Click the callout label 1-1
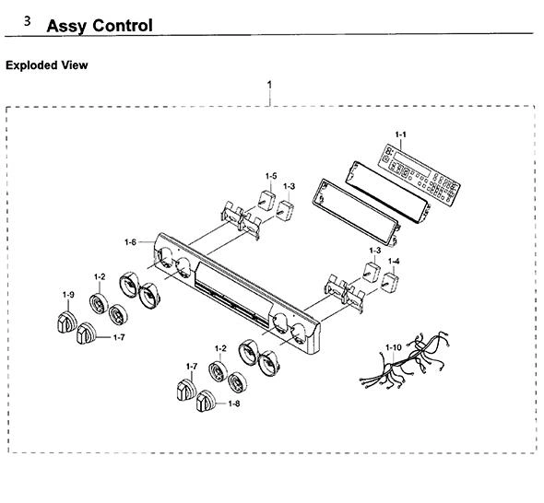(400, 135)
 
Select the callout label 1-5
(271, 176)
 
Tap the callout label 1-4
(394, 261)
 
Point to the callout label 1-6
(130, 242)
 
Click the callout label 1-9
(68, 295)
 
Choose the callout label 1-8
(234, 404)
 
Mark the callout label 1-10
(394, 347)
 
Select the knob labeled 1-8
(207, 402)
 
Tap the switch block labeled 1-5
(266, 199)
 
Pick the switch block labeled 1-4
(390, 282)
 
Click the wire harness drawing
(405, 360)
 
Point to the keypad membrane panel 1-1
(419, 175)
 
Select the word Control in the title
(123, 25)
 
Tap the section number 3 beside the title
(27, 21)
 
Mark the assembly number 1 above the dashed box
(269, 85)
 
